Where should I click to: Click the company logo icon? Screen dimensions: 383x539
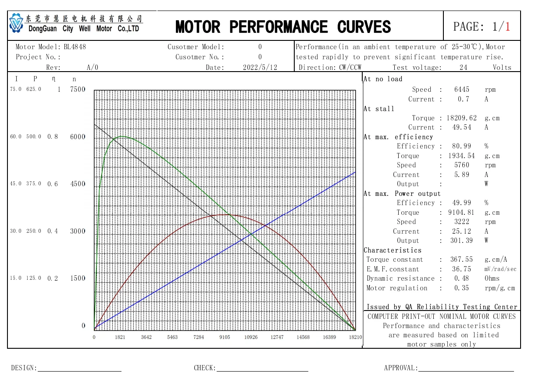(16, 23)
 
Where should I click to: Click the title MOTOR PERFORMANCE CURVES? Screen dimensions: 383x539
(283, 27)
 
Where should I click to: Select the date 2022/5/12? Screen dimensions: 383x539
(260, 68)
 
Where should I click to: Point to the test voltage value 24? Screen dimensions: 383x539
(463, 68)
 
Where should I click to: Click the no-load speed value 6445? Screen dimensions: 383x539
(461, 90)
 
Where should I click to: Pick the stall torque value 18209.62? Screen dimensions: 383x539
(461, 118)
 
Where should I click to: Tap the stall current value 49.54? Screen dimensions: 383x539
(461, 127)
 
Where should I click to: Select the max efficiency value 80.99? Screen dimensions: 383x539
(461, 146)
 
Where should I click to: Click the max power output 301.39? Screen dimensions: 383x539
(461, 241)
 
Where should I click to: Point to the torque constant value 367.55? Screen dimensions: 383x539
(461, 260)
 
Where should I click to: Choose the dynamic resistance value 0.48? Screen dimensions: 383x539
(461, 278)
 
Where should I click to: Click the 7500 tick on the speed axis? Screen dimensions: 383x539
(78, 90)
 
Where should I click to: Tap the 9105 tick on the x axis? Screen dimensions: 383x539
(225, 337)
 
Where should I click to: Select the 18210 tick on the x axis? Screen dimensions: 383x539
(355, 337)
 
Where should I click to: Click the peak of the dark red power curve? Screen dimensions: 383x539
(225, 215)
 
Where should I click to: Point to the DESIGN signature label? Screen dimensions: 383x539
(24, 368)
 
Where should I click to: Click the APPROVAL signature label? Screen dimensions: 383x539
(401, 368)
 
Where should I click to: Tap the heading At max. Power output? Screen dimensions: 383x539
(402, 194)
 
